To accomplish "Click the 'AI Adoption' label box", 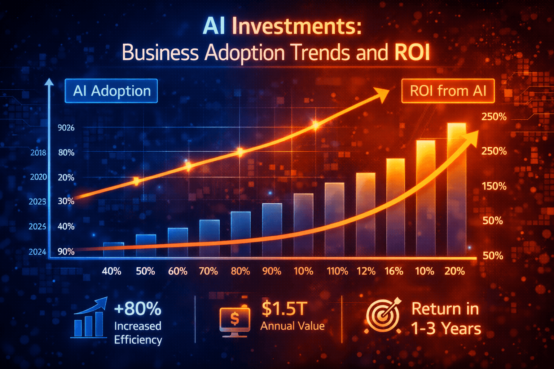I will click(x=111, y=91).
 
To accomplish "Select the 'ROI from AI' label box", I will click(x=448, y=91).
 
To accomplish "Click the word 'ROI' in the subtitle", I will click(x=412, y=53).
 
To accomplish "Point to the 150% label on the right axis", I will click(x=494, y=186).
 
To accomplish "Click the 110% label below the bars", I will click(x=337, y=271).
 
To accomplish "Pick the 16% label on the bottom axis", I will click(x=394, y=271).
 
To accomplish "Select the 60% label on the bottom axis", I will click(x=178, y=271).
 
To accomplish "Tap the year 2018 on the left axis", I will click(x=38, y=153).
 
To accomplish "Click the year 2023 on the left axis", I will click(x=38, y=201).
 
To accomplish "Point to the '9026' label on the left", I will click(x=66, y=128).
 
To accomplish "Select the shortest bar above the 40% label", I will click(x=114, y=249).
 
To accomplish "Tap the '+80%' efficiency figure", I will click(x=138, y=308).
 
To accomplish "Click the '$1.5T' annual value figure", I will click(x=285, y=308).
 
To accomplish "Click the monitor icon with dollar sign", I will click(x=235, y=321).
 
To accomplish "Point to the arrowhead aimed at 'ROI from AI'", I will click(x=382, y=94).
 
